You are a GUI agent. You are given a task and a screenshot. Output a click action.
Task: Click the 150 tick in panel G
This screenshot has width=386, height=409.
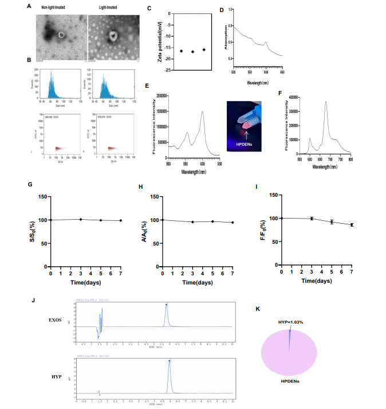pos(44,196)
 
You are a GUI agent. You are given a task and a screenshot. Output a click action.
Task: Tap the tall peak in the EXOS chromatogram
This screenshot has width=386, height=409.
pos(167,307)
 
